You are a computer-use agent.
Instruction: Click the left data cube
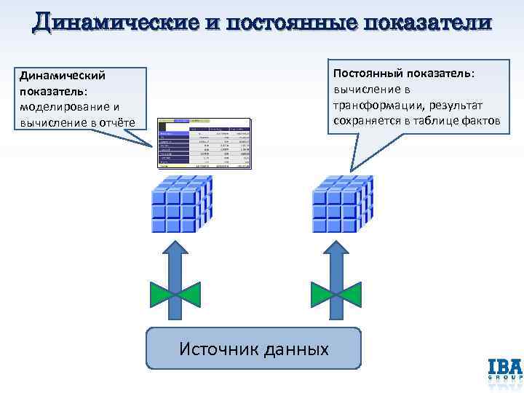(180, 202)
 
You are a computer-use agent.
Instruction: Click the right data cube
(342, 202)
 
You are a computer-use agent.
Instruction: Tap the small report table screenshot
(206, 143)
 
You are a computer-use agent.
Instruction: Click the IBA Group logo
(503, 369)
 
